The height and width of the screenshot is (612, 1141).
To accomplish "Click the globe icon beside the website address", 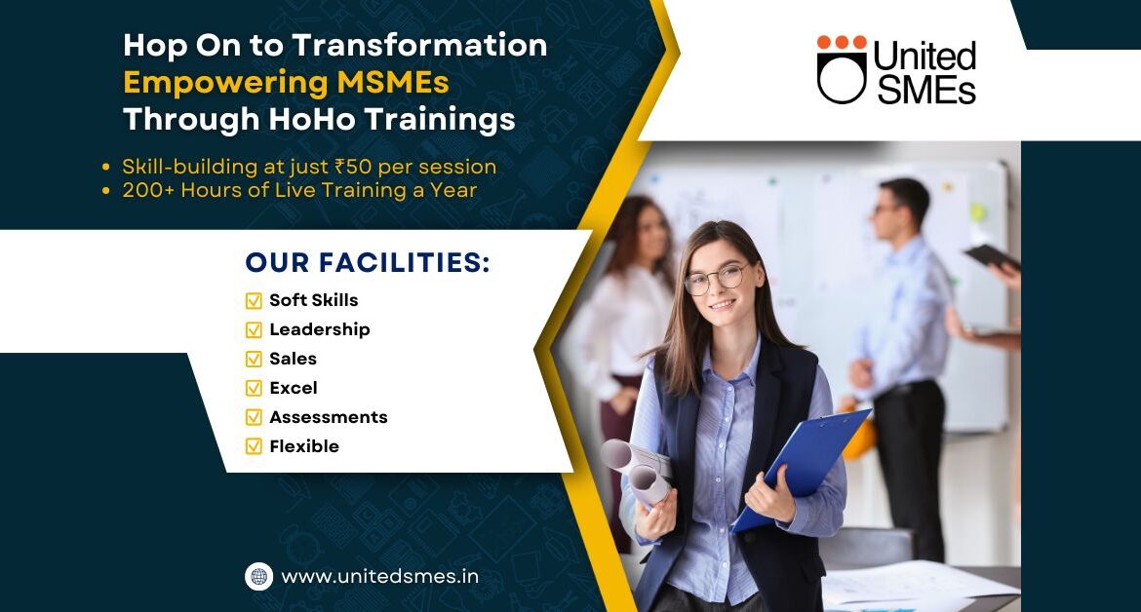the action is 258,576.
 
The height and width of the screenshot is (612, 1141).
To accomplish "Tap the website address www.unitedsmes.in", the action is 380,576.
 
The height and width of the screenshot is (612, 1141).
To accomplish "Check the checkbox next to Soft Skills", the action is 254,300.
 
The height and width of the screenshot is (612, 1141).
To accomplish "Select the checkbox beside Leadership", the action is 254,330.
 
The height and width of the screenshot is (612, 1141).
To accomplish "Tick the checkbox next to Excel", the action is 254,388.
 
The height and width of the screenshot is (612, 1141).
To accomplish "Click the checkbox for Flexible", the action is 254,446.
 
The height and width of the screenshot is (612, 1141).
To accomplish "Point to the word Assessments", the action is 329,417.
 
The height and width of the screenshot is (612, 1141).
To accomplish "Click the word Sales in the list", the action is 293,359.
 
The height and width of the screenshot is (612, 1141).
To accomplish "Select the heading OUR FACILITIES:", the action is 368,262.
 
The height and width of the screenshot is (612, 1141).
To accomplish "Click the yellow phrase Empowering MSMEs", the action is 286,83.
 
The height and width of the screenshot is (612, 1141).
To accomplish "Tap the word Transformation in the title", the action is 419,45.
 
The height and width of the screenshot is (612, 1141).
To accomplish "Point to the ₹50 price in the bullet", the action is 353,167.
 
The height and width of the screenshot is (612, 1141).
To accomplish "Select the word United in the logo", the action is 925,56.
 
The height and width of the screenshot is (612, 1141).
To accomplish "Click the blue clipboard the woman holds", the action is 802,468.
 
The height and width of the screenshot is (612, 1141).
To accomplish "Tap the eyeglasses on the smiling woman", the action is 716,280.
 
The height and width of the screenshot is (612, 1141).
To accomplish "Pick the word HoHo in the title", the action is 310,119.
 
